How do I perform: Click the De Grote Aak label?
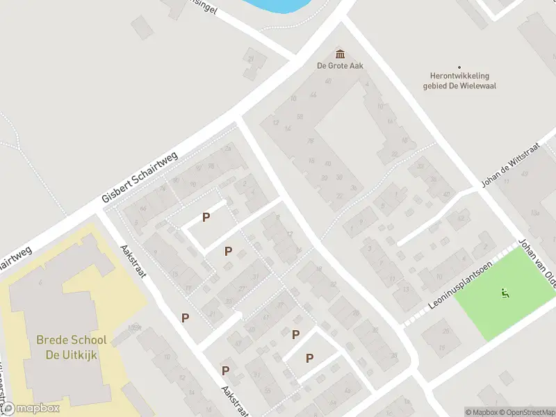341,66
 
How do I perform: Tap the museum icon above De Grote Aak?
341,54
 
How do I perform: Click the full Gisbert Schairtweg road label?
140,177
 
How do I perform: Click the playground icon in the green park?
505,293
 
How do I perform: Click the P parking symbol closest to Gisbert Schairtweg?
206,218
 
